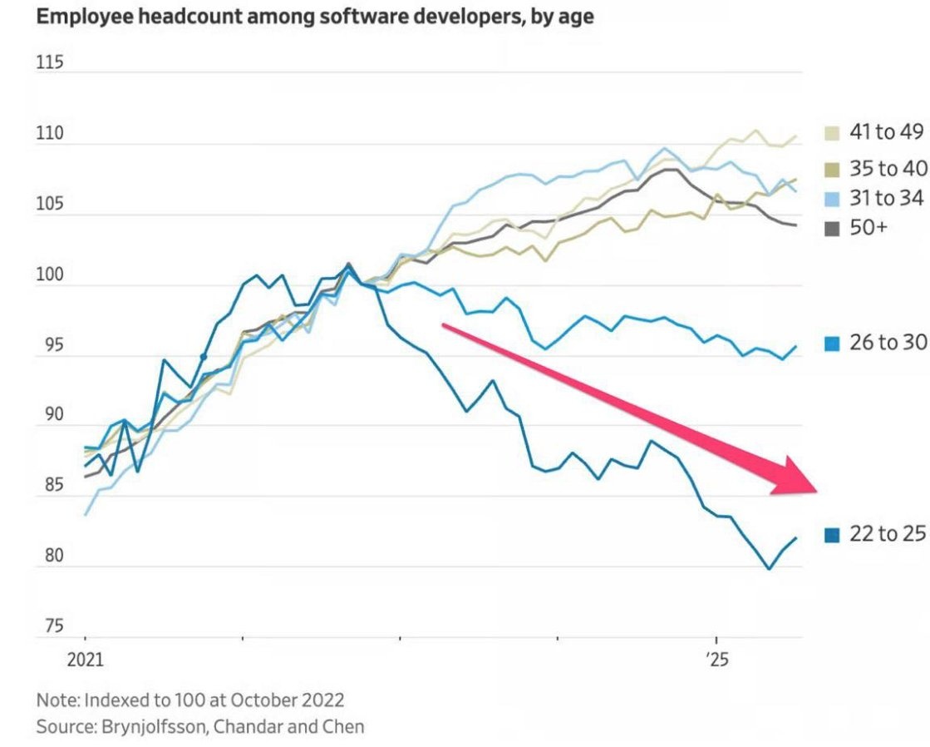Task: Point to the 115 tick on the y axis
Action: point(51,64)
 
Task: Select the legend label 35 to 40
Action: point(887,169)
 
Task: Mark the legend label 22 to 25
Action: point(887,534)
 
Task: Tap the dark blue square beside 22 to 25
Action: point(831,535)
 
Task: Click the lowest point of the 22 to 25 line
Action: point(769,569)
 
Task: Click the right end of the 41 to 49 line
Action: point(796,136)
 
